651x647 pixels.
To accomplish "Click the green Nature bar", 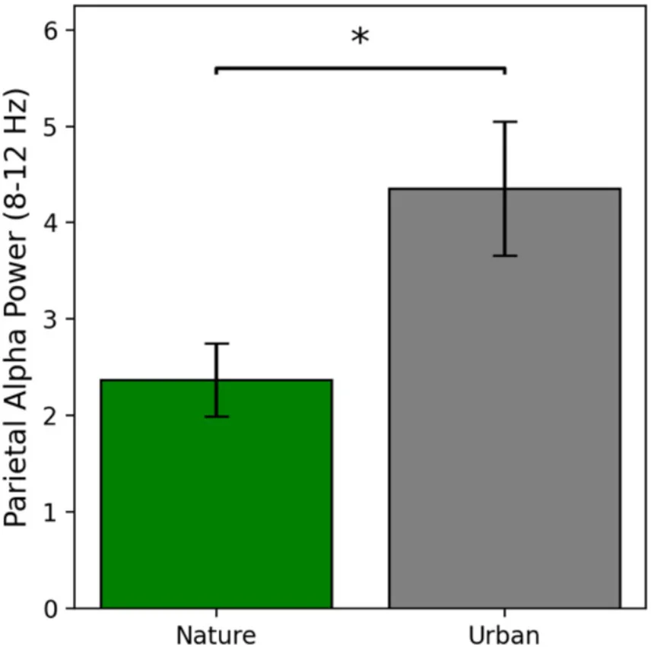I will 216,502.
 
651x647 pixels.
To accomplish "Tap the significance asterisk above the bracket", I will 360,36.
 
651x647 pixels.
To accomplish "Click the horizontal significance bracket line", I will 360,68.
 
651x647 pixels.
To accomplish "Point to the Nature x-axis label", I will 216,635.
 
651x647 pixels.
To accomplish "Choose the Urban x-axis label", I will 504,635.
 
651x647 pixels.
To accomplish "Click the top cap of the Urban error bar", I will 504,122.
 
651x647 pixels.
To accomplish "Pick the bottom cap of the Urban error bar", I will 504,255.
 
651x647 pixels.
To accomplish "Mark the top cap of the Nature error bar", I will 216,344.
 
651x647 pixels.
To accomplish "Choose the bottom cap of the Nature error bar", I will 216,416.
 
